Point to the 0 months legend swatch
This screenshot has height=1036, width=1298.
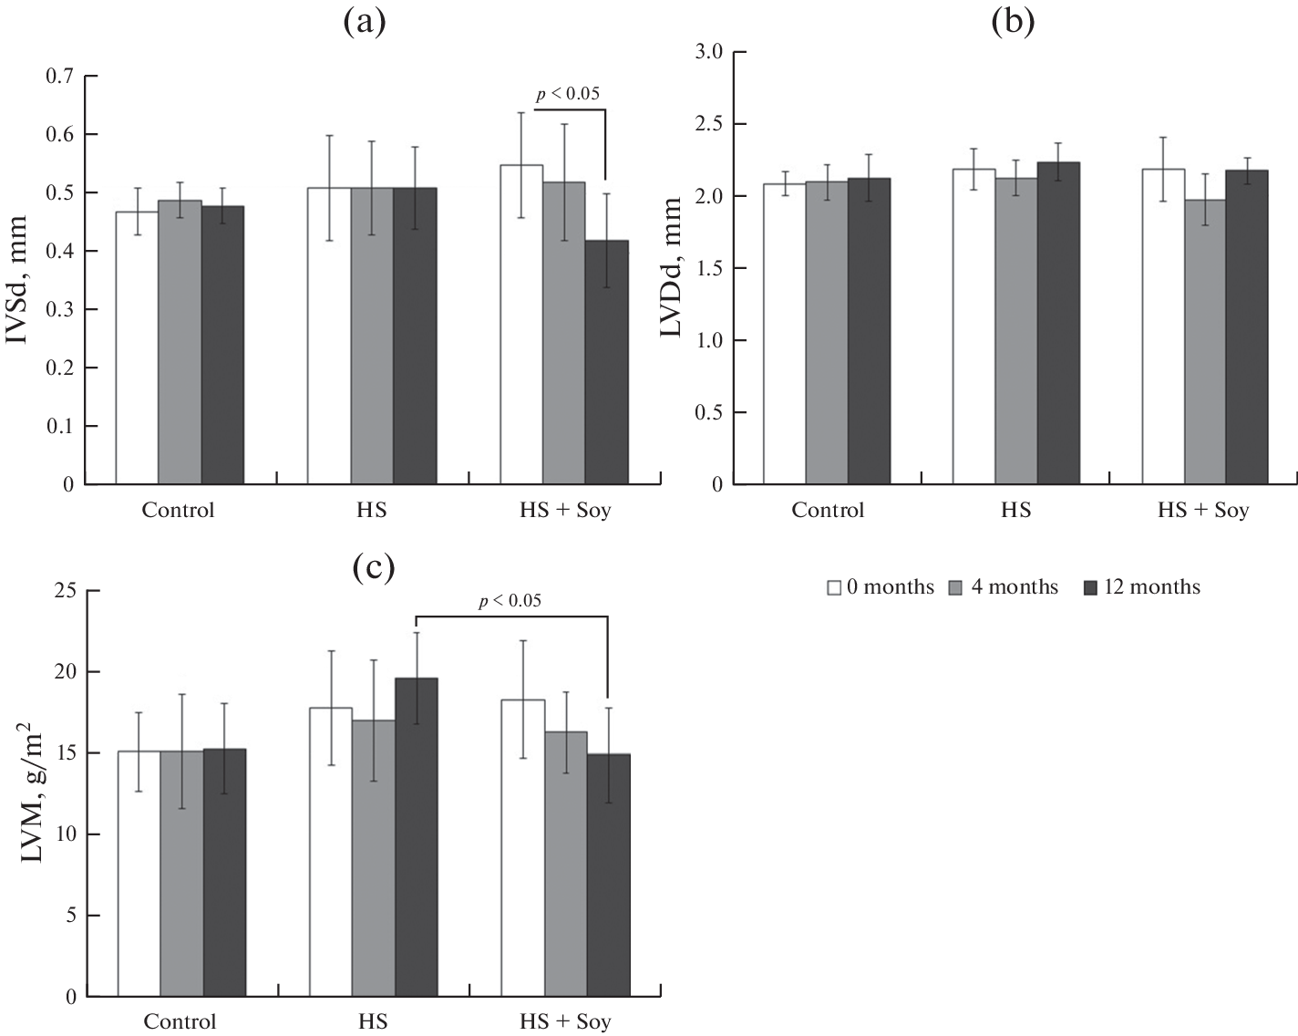833,587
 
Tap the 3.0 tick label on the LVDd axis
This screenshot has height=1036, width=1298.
707,52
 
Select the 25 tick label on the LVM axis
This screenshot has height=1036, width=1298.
65,591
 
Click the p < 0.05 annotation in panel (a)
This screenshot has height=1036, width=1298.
568,93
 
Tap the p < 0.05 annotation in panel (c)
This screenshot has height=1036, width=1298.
510,599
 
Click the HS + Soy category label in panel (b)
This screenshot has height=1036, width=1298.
1203,510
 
